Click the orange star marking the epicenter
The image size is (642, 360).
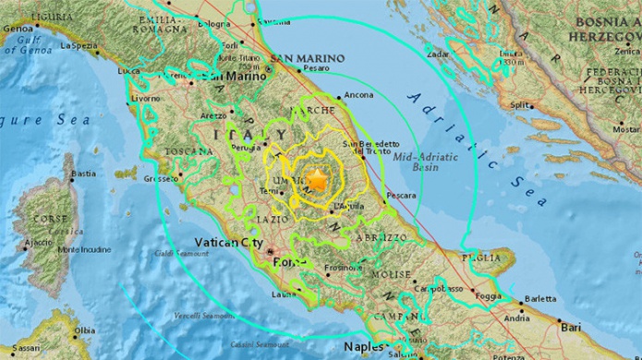point(317,180)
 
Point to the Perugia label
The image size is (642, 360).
point(244,147)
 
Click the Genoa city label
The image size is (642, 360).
point(17,29)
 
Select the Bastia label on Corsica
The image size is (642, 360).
point(85,173)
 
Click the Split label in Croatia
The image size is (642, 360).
point(521,105)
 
